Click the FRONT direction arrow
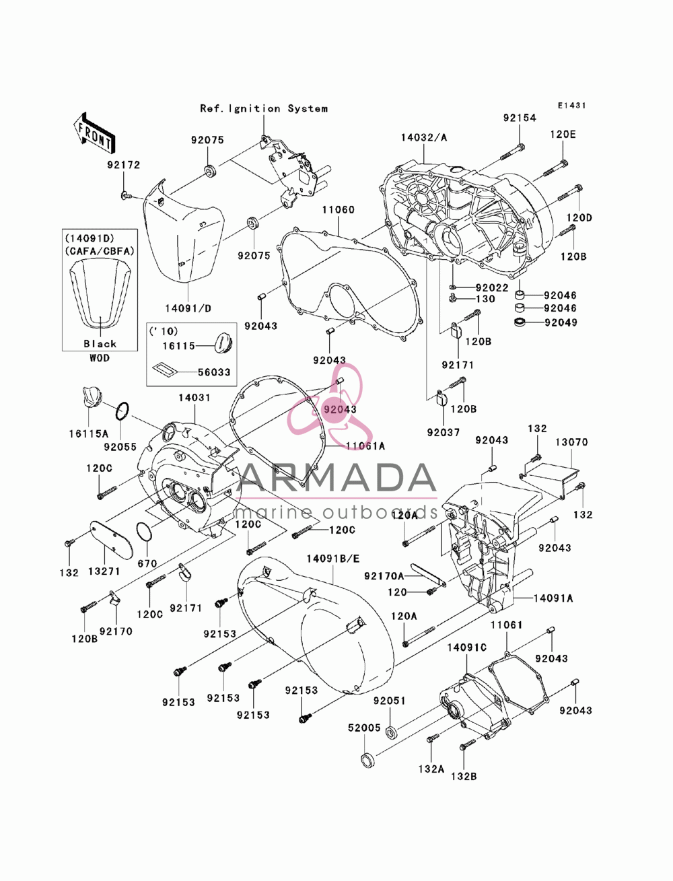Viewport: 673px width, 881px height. pyautogui.click(x=94, y=133)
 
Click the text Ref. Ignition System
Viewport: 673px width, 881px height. pyautogui.click(x=264, y=108)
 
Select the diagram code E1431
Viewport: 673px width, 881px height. pyautogui.click(x=571, y=105)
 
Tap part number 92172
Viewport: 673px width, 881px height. pyautogui.click(x=124, y=165)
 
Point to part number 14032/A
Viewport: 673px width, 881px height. pyautogui.click(x=424, y=137)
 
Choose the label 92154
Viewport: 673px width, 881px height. pyautogui.click(x=520, y=118)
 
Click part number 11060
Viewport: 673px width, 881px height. pyautogui.click(x=339, y=209)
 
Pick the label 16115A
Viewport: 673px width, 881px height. pyautogui.click(x=88, y=433)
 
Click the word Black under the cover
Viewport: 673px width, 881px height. pyautogui.click(x=100, y=344)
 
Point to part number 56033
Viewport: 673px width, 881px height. pyautogui.click(x=214, y=372)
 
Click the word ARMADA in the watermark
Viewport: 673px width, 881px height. pyautogui.click(x=336, y=478)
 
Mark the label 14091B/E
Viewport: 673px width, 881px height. pyautogui.click(x=333, y=559)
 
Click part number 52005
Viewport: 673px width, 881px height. pyautogui.click(x=364, y=728)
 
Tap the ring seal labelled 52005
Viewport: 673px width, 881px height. pyautogui.click(x=367, y=761)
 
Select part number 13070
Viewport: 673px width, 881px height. pyautogui.click(x=571, y=442)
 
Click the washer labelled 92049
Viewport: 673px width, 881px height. pyautogui.click(x=520, y=322)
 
